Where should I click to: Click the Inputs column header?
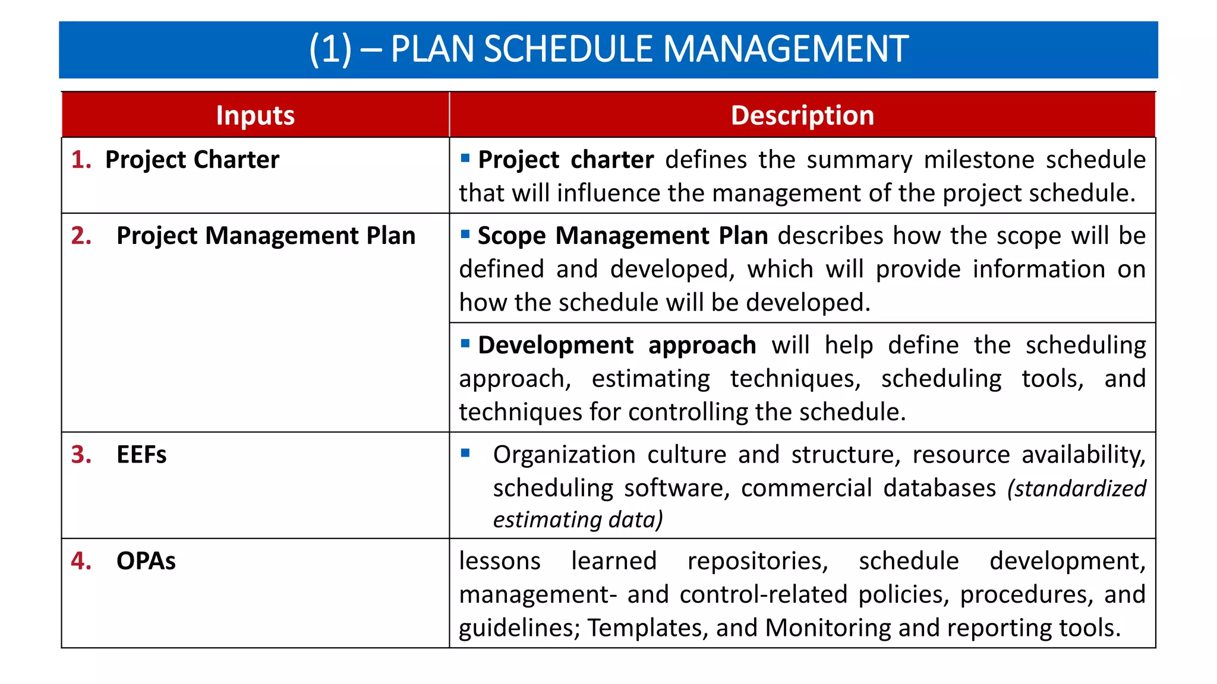pos(255,115)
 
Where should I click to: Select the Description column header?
pos(802,115)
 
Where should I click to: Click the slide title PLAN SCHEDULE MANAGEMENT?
pos(649,49)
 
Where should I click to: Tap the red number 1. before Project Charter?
pos(81,160)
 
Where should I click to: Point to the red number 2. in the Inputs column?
pos(81,236)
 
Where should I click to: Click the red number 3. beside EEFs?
pos(81,455)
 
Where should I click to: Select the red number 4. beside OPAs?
pos(81,561)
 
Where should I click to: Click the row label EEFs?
pos(141,455)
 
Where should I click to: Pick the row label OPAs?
pos(146,561)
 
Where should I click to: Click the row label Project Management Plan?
pos(266,236)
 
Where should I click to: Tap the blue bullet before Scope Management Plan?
pos(465,234)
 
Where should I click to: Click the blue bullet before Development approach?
pos(465,343)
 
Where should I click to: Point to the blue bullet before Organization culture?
pos(465,453)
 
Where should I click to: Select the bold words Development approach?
pos(617,346)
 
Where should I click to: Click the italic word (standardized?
pos(1076,489)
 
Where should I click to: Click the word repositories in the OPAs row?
pos(758,561)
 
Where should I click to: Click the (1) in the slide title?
pos(330,49)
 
